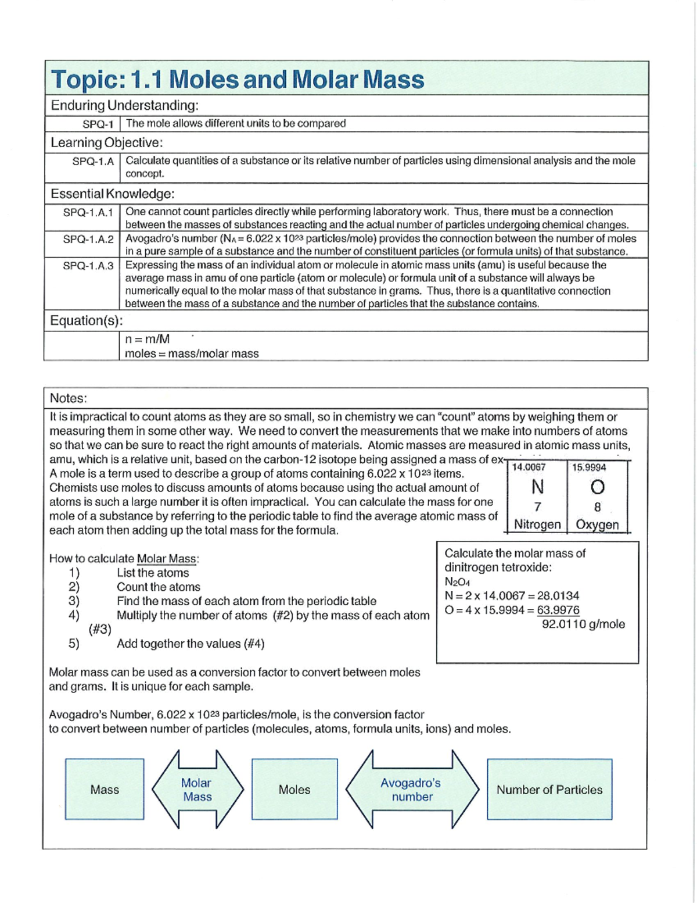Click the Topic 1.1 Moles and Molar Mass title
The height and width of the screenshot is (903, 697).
coord(238,79)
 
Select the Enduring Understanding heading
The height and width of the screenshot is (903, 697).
coord(125,106)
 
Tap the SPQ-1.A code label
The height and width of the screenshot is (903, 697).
coord(93,161)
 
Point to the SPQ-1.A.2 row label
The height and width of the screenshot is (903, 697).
coord(88,239)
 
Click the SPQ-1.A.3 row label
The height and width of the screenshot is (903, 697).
coord(88,266)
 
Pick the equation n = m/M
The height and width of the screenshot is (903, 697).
coord(148,339)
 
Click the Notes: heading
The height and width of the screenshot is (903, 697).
coord(69,398)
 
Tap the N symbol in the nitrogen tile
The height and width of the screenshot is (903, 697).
coord(537,486)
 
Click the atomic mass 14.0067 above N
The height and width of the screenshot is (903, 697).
coord(529,467)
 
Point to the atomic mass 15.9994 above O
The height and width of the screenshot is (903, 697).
coord(589,467)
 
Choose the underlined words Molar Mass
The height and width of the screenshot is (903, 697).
coord(167,559)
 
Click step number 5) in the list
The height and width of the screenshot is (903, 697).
coord(74,644)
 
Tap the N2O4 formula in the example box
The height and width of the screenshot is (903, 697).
coord(457,581)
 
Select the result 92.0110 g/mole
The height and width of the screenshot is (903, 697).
coord(583,624)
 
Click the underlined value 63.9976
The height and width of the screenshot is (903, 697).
coord(558,610)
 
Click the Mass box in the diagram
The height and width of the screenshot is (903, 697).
coord(105,790)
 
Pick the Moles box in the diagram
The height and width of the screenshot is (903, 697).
coord(294,790)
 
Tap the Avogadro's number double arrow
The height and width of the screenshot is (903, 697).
coord(412,790)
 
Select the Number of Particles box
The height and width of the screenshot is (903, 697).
coord(549,790)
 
